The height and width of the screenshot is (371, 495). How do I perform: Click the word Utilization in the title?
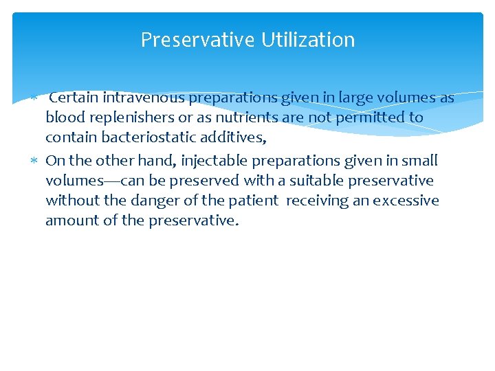coord(308,41)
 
